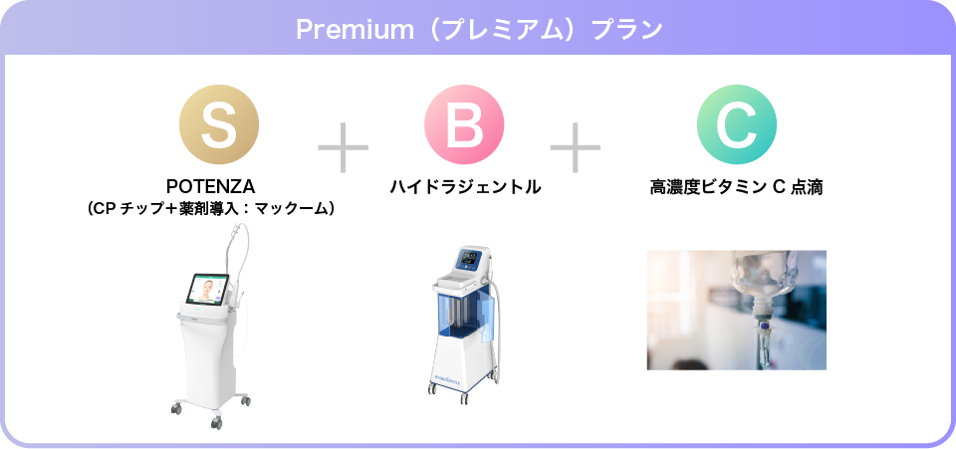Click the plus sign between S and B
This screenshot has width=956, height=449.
coord(343,149)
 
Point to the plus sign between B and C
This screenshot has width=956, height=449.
coord(576,149)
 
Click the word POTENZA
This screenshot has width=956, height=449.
coord(210,186)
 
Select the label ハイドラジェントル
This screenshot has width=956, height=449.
coord(465,186)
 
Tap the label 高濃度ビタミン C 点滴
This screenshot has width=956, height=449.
coord(736,186)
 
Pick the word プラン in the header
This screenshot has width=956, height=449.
coord(626,29)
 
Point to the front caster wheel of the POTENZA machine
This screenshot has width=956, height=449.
coord(216,422)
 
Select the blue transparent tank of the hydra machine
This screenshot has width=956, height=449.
coord(460,322)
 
